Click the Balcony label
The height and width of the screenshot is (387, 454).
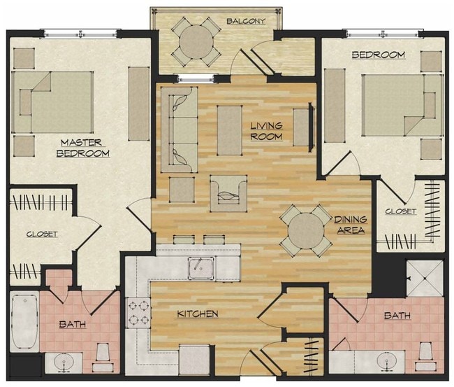point(246,21)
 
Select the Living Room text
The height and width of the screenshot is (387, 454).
point(266,131)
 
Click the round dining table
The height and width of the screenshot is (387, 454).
point(306,230)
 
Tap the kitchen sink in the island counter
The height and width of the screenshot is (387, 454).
point(200,265)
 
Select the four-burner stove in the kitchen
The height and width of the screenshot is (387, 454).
point(138,313)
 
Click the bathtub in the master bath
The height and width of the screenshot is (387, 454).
point(24,322)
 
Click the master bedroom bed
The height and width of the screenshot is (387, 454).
point(52,102)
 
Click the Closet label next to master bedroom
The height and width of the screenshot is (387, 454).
point(42,234)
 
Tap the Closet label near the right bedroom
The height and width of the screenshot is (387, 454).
point(400,211)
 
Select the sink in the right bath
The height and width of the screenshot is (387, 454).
point(386,363)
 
